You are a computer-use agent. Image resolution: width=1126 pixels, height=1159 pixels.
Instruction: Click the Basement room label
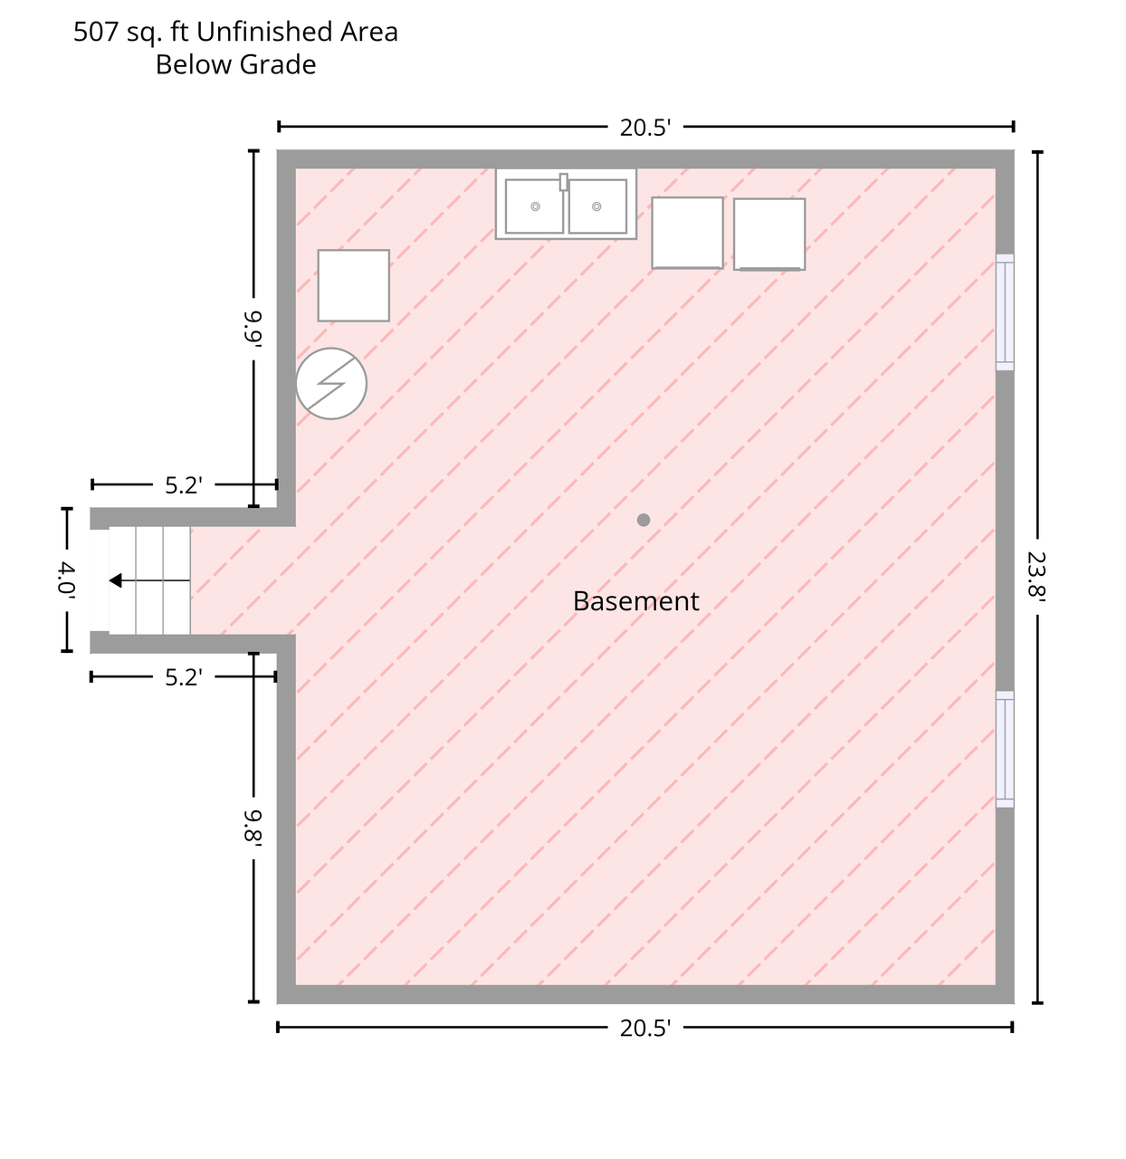(x=635, y=601)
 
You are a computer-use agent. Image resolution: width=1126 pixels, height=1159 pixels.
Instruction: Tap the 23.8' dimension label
(x=1036, y=574)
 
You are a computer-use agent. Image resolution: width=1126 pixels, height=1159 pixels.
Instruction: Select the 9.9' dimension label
(x=253, y=328)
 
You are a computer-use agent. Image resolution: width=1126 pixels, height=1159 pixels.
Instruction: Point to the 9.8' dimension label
(x=253, y=827)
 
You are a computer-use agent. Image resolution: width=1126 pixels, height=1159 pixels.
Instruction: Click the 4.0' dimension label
(x=66, y=579)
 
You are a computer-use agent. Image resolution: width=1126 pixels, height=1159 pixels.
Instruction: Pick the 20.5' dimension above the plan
(x=644, y=128)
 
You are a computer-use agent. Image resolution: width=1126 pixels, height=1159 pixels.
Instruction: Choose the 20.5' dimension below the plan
(x=644, y=1029)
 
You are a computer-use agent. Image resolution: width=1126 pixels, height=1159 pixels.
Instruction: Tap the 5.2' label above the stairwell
(x=184, y=485)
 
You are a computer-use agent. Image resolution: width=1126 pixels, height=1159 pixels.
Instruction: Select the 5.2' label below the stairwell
(x=184, y=678)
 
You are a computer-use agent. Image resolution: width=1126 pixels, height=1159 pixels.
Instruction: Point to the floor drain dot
(x=643, y=520)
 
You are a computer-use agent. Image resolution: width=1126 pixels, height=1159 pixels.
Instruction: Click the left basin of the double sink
(x=534, y=206)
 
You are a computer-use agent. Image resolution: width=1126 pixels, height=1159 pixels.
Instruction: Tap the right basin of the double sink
(x=597, y=206)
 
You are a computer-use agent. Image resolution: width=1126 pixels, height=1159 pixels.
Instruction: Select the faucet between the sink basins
(x=563, y=182)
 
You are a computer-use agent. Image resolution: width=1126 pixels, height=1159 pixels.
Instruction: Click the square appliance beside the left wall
(x=353, y=285)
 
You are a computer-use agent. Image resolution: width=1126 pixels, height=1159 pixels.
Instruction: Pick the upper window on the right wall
(x=1005, y=312)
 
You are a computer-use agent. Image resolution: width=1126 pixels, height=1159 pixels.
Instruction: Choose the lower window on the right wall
(x=1005, y=749)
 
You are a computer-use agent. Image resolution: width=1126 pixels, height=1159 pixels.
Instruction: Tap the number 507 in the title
(x=96, y=33)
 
